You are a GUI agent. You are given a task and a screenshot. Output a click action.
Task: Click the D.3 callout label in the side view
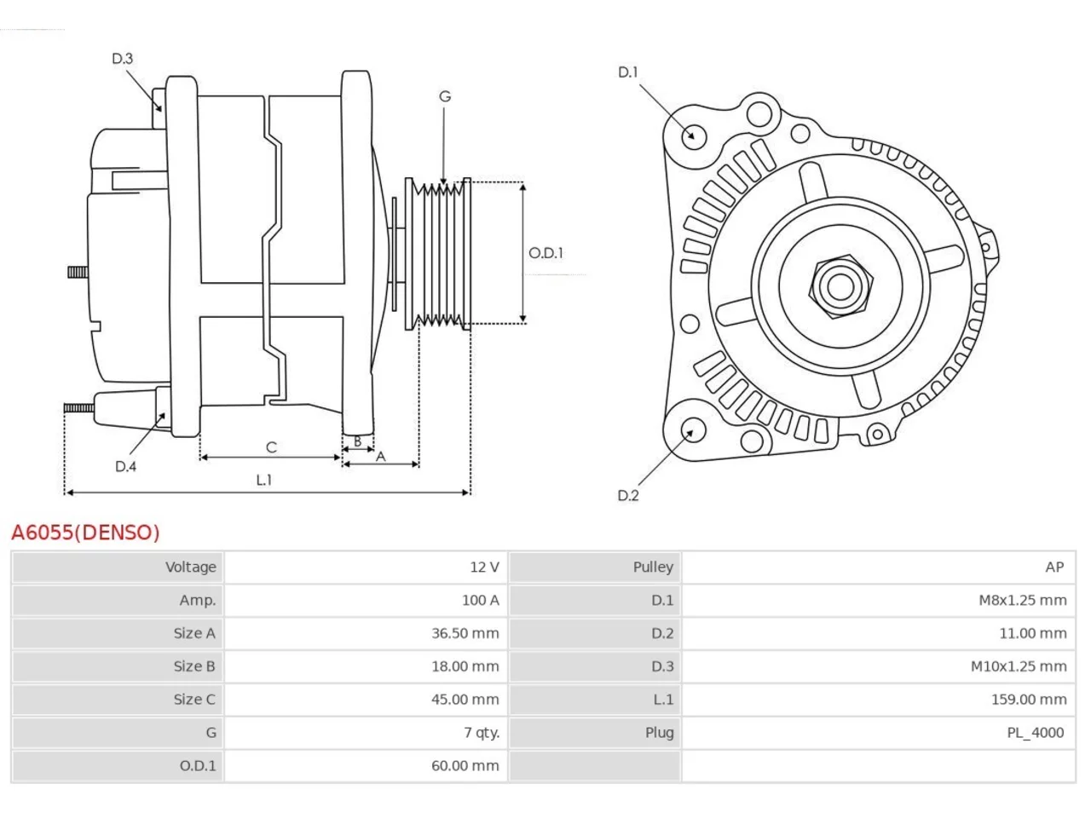pos(122,59)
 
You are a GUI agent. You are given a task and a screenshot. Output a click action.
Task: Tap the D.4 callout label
pos(125,466)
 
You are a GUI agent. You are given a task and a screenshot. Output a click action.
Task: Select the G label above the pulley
pos(445,96)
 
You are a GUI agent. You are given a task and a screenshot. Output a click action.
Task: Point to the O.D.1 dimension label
pos(545,253)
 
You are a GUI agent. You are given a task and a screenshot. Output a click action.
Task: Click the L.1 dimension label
pos(264,480)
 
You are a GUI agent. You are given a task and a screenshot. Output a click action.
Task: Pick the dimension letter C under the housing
pos(271,447)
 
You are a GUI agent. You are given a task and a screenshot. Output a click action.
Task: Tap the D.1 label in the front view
pos(628,72)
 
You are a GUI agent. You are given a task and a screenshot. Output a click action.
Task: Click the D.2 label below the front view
pos(628,495)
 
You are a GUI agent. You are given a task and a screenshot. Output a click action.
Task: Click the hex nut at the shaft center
pos(840,287)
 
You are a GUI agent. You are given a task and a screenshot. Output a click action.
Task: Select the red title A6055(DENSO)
pos(85,533)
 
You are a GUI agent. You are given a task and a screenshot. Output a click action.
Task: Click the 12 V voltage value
pos(485,567)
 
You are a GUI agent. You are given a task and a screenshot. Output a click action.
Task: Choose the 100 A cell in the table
pos(480,600)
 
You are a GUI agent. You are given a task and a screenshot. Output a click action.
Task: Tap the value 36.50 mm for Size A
pos(465,633)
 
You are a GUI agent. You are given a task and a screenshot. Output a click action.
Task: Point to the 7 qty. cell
pos(482,733)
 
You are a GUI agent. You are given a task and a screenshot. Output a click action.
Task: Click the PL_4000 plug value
pos(1036,733)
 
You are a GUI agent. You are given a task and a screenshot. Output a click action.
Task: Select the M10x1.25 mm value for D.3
pos(1019,666)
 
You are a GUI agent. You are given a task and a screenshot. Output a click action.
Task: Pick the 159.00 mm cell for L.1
pos(1029,700)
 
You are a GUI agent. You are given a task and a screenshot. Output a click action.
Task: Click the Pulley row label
pos(653,567)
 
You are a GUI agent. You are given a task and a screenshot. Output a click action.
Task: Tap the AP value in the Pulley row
pos(1054,567)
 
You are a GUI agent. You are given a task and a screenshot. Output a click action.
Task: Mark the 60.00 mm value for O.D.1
pos(465,765)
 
